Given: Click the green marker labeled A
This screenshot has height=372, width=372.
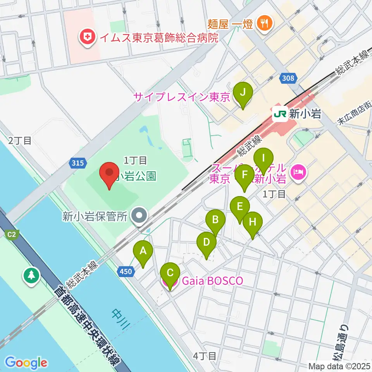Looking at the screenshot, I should pyautogui.click(x=143, y=251).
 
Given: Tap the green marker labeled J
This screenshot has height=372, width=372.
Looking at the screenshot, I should pyautogui.click(x=243, y=93).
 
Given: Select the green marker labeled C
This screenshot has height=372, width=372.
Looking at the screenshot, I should pyautogui.click(x=170, y=274).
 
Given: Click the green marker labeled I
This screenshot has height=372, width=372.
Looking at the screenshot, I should pyautogui.click(x=263, y=159).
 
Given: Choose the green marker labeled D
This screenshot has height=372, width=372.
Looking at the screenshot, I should pyautogui.click(x=207, y=244).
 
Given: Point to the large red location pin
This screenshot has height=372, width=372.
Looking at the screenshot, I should pyautogui.click(x=109, y=174).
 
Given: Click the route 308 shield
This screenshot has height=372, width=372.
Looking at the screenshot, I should pyautogui.click(x=288, y=79).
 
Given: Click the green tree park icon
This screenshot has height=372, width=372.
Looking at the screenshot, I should pyautogui.click(x=31, y=276).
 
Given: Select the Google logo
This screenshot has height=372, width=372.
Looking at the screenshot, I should pyautogui.click(x=26, y=363).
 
